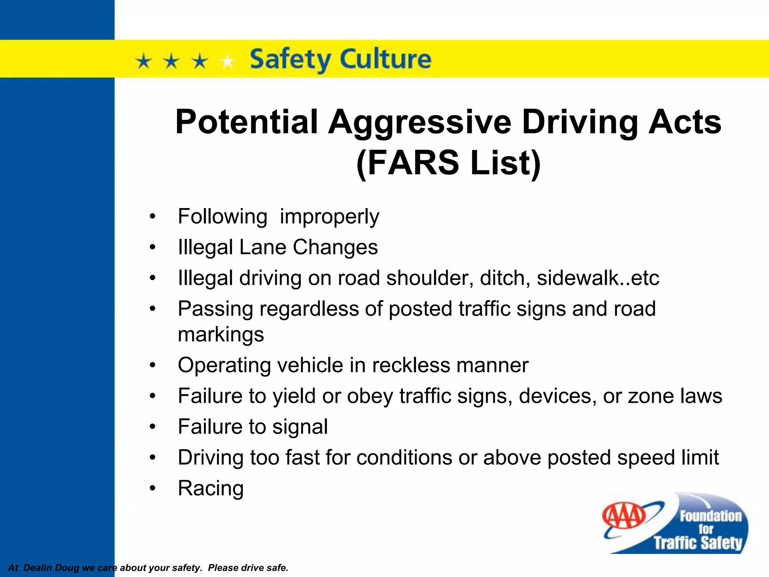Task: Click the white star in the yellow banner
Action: (227, 61)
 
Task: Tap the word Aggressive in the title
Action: (419, 122)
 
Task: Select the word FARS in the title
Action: (413, 163)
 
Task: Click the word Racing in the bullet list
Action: (211, 488)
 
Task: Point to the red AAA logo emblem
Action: (624, 516)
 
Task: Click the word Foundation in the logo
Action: (710, 516)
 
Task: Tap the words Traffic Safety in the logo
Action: (698, 543)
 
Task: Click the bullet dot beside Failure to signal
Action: (152, 427)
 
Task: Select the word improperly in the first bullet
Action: (329, 217)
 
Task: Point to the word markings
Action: (221, 334)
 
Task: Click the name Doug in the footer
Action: (67, 568)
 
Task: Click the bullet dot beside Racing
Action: (152, 488)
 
